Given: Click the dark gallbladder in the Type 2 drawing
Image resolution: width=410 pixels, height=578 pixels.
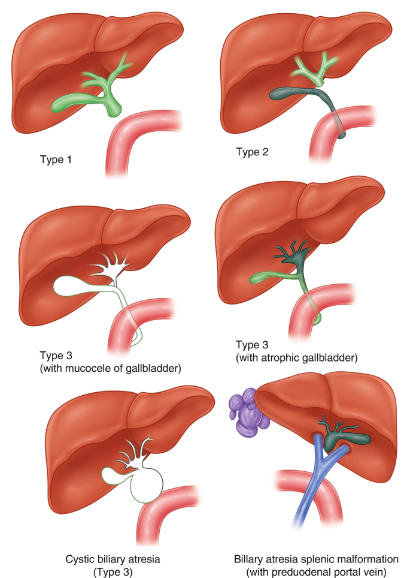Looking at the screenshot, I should (287, 95).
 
